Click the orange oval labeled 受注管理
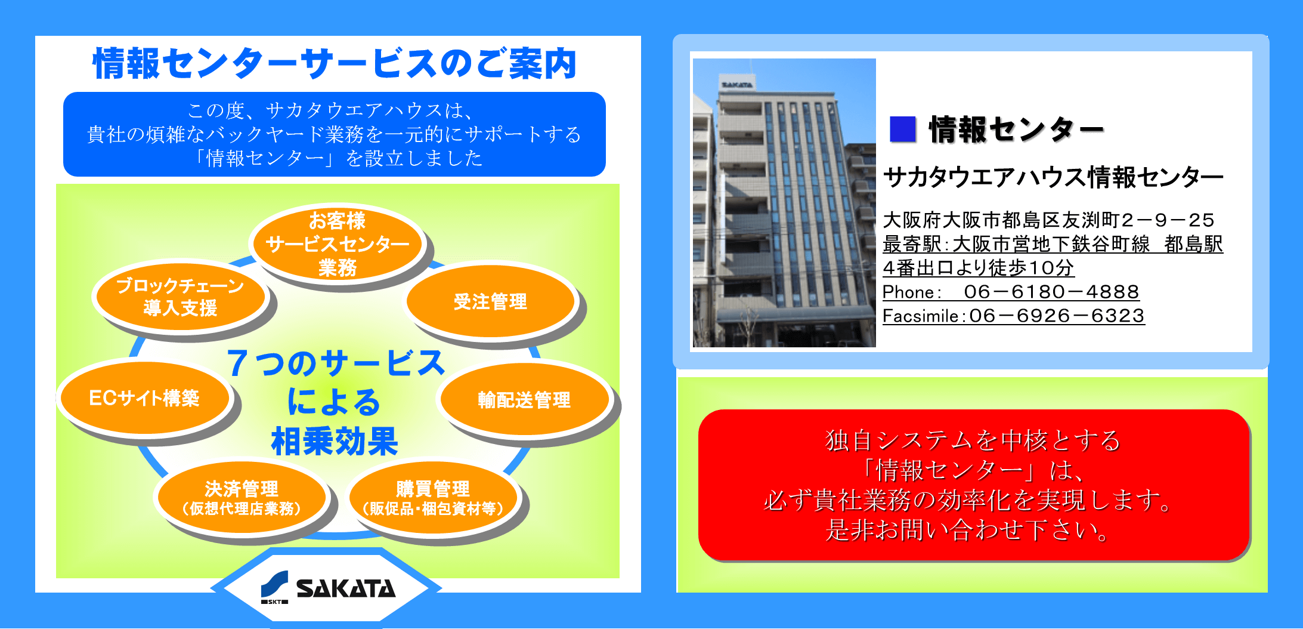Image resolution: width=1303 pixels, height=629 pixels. (x=490, y=301)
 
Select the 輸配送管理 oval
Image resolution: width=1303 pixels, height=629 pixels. (x=524, y=399)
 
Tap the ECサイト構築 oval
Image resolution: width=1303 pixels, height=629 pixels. (x=144, y=397)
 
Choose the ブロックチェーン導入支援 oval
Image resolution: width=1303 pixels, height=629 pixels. (x=180, y=297)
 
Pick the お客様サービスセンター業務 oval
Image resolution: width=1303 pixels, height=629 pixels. (x=337, y=244)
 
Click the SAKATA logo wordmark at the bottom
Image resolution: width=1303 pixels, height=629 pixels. (x=346, y=588)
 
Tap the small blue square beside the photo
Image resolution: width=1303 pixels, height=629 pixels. (x=902, y=129)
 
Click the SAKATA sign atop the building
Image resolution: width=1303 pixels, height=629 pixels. (x=737, y=85)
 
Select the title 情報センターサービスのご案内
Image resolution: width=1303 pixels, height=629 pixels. (x=335, y=64)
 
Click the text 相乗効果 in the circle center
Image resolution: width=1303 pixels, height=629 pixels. (x=335, y=442)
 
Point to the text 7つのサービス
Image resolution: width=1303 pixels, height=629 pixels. (x=335, y=363)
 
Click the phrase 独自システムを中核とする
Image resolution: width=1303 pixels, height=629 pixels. (x=973, y=440)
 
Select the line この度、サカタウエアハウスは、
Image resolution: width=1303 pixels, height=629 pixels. (x=332, y=110)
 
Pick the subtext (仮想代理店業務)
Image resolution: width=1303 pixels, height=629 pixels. (x=242, y=508)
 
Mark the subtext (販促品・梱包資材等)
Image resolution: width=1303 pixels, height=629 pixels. (x=433, y=508)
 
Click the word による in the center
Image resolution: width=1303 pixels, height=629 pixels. (x=334, y=402)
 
